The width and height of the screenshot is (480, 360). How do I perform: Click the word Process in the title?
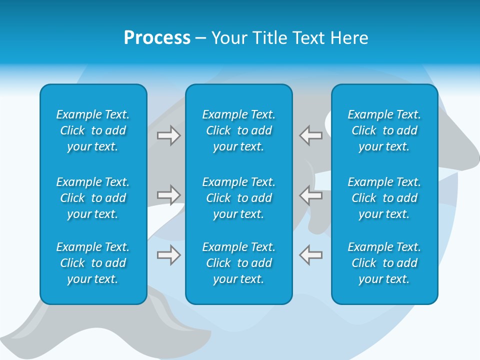[157, 38]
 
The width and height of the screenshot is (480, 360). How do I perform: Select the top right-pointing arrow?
[169, 135]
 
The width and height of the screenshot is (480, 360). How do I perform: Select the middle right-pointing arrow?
[169, 195]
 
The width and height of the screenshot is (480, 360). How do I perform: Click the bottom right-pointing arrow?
[169, 255]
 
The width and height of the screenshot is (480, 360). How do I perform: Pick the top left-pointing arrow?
[310, 135]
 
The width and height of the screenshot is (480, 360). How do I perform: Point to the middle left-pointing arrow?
[310, 195]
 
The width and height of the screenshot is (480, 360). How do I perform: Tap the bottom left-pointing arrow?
[310, 255]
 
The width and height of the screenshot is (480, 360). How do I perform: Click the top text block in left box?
[93, 130]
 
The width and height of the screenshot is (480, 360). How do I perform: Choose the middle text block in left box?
[93, 198]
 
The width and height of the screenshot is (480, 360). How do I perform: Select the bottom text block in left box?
[93, 263]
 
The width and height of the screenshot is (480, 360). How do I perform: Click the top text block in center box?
[238, 130]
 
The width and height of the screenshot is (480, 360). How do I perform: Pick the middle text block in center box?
[238, 198]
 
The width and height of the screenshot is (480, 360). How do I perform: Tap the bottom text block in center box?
[238, 263]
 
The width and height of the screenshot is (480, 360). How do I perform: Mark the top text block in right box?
[384, 130]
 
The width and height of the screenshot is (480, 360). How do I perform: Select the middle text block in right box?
[384, 198]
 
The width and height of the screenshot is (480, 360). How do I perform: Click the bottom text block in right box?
[384, 263]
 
